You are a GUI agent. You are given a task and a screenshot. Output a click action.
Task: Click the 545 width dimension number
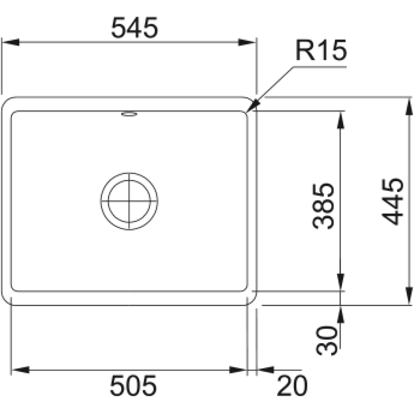coord(135,28)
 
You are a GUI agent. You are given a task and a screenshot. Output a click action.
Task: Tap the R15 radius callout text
coord(321,50)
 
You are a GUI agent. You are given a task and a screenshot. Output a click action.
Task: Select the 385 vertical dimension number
coord(323,206)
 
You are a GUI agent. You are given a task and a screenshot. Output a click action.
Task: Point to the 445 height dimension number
coord(393,202)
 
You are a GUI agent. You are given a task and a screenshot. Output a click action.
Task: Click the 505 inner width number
coord(134,386)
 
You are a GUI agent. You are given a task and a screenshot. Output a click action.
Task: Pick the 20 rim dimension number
coord(292,386)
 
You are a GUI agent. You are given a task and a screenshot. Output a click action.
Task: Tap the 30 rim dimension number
coord(327,341)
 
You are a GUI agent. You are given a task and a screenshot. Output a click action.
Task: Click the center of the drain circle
coord(129,201)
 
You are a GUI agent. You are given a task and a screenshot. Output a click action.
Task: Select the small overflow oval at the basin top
coord(129,114)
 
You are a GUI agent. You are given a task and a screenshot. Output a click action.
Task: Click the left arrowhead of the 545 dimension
coord(10,42)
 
